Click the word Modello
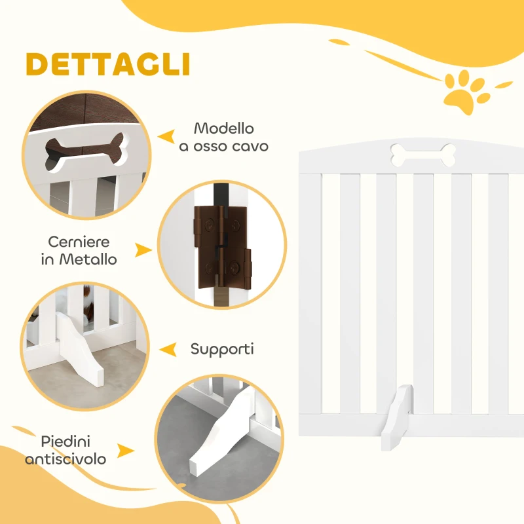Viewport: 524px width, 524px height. pyautogui.click(x=223, y=128)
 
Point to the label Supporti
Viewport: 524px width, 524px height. pyautogui.click(x=222, y=348)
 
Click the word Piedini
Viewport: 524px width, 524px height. pyautogui.click(x=65, y=441)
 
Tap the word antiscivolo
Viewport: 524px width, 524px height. pyautogui.click(x=65, y=458)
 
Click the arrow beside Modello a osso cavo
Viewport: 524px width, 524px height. pyautogui.click(x=168, y=136)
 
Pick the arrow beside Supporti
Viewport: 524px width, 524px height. pyautogui.click(x=168, y=349)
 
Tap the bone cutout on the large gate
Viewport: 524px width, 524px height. pyautogui.click(x=422, y=153)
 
